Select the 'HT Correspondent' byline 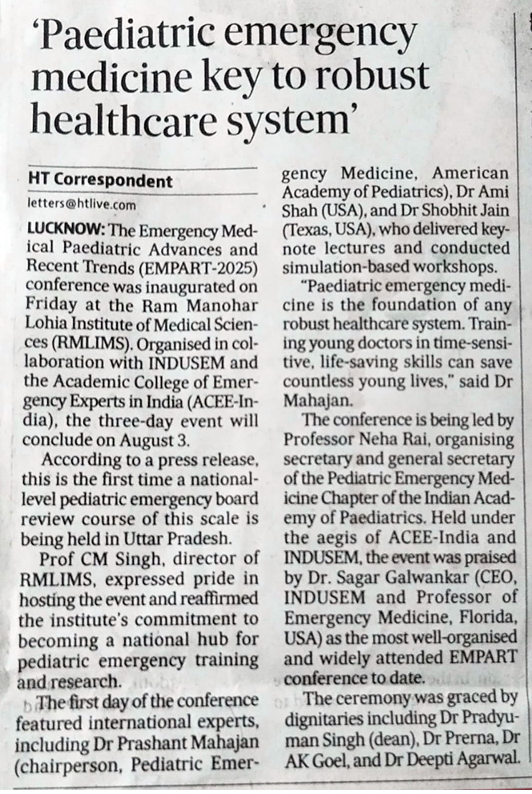click(100, 181)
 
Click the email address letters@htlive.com click(81, 204)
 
